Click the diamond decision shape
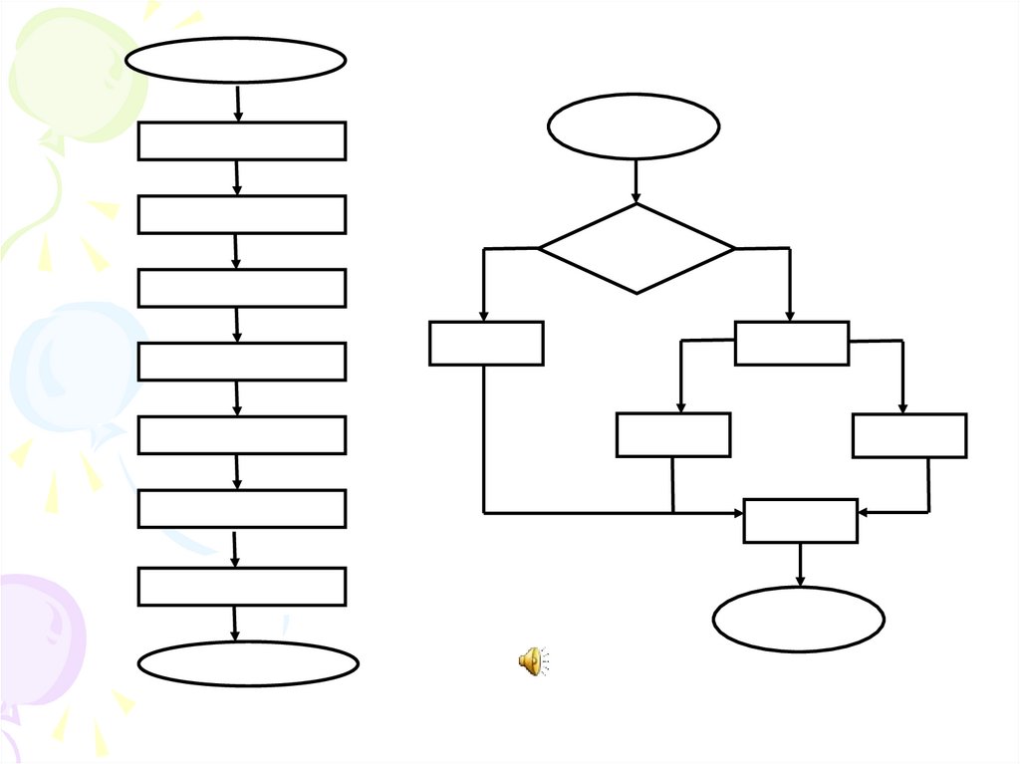coord(637,248)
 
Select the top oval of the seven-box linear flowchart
coord(235,60)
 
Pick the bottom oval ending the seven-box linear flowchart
coord(247,663)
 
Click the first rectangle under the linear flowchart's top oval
coord(241,140)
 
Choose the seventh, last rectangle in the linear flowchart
coord(241,587)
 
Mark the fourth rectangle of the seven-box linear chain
coord(241,361)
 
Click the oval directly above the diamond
coord(634,127)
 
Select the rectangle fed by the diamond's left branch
coord(486,343)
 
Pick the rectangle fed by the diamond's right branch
coord(792,343)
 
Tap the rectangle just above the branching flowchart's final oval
coord(800,521)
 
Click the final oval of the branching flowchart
coord(799,619)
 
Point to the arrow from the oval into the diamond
coord(636,181)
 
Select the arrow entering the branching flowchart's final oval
coord(800,565)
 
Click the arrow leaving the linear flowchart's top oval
coord(238,104)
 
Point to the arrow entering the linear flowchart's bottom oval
coord(235,624)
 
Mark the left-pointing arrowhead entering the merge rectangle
coord(865,512)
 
